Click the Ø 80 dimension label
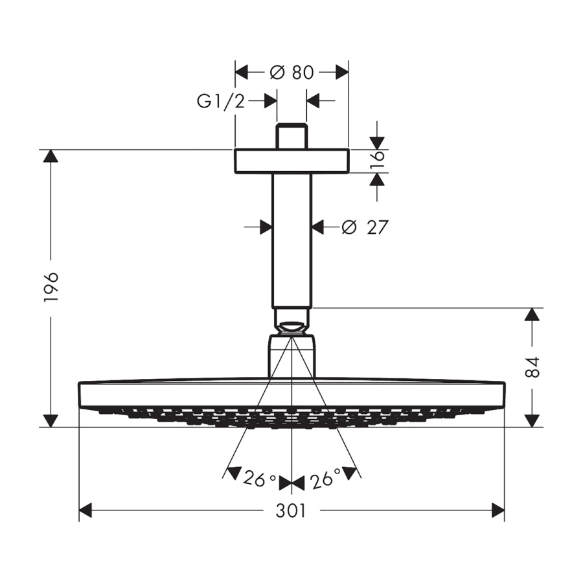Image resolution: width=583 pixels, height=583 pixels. coord(292,72)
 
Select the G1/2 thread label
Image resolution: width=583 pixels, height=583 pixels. coord(221,101)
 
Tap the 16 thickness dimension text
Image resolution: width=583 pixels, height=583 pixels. coord(378,161)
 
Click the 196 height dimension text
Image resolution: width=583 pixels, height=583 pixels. coord(51,287)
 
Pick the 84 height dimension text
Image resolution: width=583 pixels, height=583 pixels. coord(533,367)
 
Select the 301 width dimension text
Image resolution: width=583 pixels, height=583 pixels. coord(291,511)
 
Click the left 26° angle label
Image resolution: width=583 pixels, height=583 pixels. coord(260,479)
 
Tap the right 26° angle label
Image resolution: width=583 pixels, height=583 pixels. coord(326,478)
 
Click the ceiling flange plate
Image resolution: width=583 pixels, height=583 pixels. coord(292,161)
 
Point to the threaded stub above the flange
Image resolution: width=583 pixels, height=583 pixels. coord(292,136)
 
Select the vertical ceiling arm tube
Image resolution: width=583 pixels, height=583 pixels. coord(292,241)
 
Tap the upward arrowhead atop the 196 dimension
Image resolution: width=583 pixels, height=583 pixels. coord(51,155)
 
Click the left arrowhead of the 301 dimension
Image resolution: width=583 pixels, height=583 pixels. coord(86,510)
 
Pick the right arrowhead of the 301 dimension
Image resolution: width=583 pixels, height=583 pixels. coord(498,510)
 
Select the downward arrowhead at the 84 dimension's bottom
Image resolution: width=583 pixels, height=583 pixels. coord(532,421)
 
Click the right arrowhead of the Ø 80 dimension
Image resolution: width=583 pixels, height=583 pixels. coord(342,72)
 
